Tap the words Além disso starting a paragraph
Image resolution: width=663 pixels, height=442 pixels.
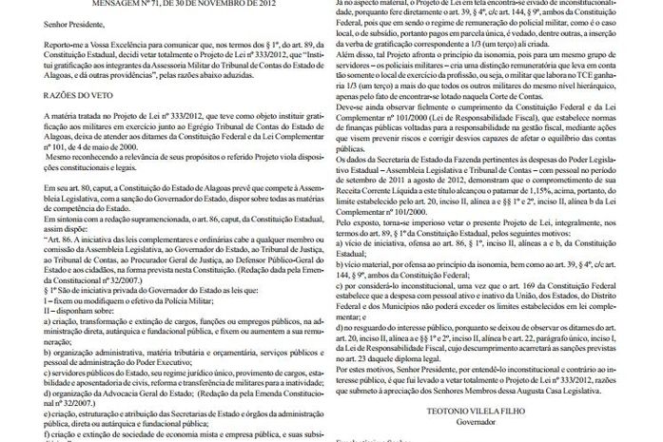[x=357, y=53]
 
